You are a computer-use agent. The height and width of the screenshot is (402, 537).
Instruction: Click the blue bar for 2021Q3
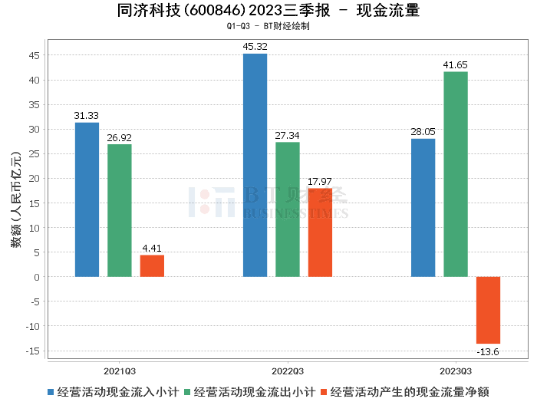click(87, 199)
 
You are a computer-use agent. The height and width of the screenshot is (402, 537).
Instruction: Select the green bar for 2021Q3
click(119, 210)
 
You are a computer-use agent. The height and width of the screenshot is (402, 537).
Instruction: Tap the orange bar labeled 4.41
click(152, 265)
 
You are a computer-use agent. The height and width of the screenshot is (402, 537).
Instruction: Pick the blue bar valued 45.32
click(255, 165)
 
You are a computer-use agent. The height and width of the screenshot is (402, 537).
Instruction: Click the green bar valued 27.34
click(288, 209)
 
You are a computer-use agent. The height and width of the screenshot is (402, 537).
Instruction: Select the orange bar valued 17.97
click(320, 232)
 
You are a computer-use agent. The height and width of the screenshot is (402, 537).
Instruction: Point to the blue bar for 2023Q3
click(423, 207)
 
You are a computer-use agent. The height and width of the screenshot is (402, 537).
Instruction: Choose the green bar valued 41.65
click(456, 174)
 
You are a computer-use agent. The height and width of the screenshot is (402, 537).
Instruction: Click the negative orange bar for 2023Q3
click(488, 310)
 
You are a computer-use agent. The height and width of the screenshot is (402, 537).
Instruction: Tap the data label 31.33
click(87, 115)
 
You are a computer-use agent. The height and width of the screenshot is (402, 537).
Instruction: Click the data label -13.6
click(488, 351)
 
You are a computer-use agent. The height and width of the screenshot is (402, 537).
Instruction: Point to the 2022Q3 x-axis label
click(288, 369)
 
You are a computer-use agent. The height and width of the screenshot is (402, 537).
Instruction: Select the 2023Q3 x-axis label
click(456, 369)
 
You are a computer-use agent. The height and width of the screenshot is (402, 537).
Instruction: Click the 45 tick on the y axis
click(35, 55)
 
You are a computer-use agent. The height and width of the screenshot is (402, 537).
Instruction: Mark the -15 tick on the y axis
click(34, 351)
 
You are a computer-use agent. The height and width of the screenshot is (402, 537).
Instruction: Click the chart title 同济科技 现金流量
click(268, 11)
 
